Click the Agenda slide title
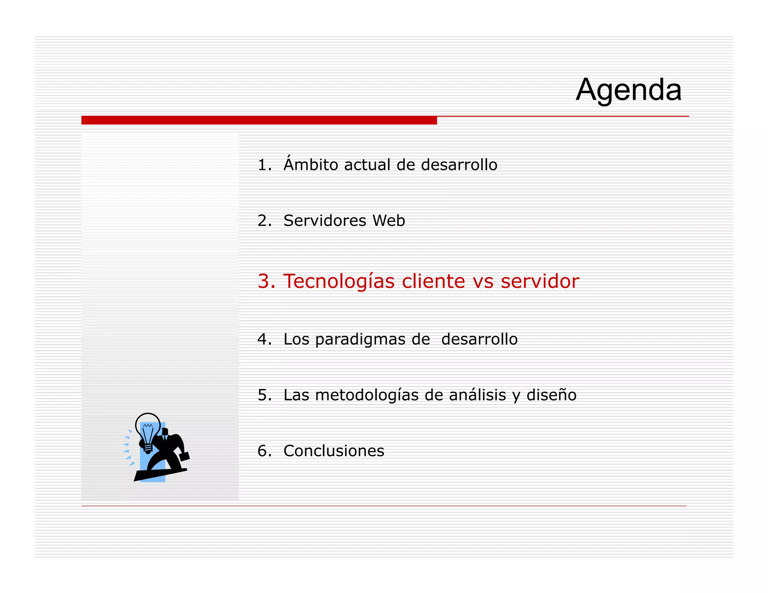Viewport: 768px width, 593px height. point(628,90)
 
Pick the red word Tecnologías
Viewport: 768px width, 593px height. point(339,282)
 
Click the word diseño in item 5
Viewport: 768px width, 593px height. point(551,395)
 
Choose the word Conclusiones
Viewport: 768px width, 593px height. point(334,451)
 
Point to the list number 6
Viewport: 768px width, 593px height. point(263,451)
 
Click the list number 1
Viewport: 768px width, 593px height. point(263,165)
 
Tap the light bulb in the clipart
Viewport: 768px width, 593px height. point(148,430)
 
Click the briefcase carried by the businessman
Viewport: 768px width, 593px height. point(184,456)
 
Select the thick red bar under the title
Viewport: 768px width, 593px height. point(259,120)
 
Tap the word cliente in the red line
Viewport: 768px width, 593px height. point(433,282)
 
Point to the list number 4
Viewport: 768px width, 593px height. point(263,339)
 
